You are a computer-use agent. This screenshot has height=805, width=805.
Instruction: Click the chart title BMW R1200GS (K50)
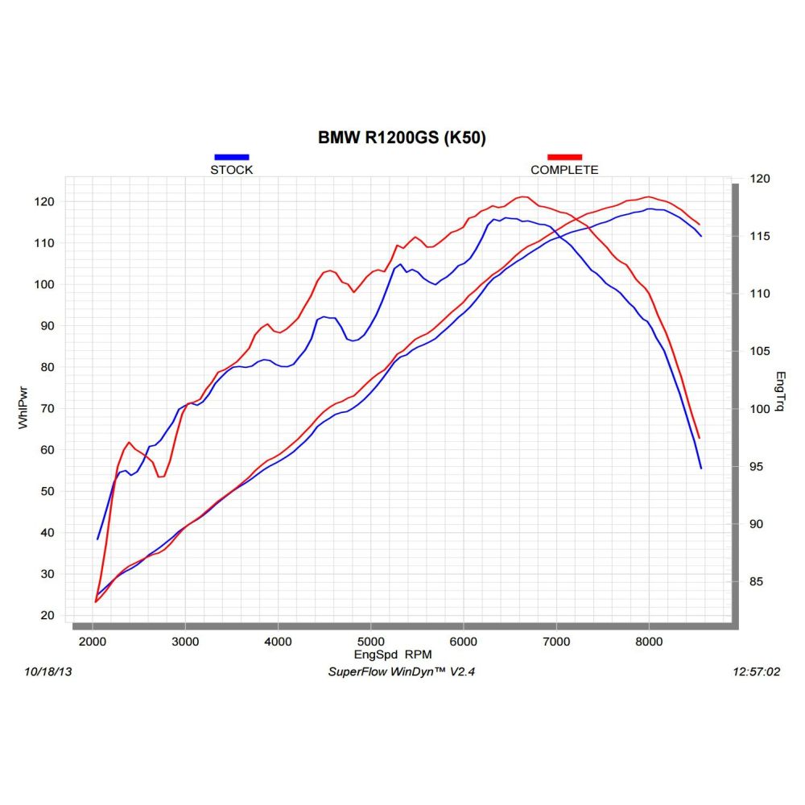(402, 138)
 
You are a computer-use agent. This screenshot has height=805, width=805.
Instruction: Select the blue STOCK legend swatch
(232, 157)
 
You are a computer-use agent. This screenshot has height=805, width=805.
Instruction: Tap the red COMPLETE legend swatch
(564, 157)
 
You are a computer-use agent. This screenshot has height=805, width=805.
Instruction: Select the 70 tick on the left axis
(47, 408)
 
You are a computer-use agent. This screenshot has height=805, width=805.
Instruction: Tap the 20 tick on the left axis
(47, 615)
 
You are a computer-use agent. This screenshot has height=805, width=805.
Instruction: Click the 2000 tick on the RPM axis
(93, 642)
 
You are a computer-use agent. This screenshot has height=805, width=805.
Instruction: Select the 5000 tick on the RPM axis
(370, 642)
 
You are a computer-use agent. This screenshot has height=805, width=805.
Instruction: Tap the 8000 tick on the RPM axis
(649, 642)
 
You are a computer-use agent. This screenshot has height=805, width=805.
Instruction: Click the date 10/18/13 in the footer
(49, 671)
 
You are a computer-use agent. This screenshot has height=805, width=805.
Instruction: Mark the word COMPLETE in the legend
(564, 170)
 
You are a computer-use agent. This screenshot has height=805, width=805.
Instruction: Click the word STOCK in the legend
(232, 170)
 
